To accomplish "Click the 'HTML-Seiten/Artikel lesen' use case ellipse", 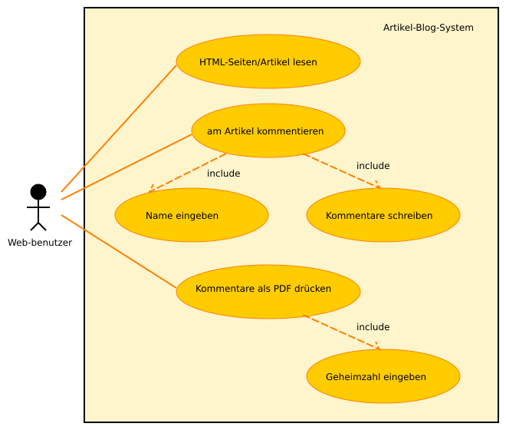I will (268, 61).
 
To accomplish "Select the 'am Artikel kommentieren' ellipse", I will (268, 131).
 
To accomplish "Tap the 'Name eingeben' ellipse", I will (192, 215).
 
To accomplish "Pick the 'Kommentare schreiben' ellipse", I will (383, 215).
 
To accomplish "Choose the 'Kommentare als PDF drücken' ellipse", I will (268, 292).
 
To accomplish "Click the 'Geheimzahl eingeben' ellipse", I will (383, 376).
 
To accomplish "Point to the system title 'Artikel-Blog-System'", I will (428, 28).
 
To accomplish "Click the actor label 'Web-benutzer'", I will (40, 243).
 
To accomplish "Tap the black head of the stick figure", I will (38, 191).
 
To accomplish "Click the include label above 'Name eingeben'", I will (223, 174).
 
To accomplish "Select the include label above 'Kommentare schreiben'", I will (373, 166).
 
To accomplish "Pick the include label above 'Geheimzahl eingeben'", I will (373, 327).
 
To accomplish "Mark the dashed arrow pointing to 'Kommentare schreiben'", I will (341, 170).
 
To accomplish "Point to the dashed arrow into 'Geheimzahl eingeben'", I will (341, 332).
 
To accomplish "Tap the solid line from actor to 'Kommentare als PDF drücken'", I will (119, 252).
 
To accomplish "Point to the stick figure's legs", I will (38, 224).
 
